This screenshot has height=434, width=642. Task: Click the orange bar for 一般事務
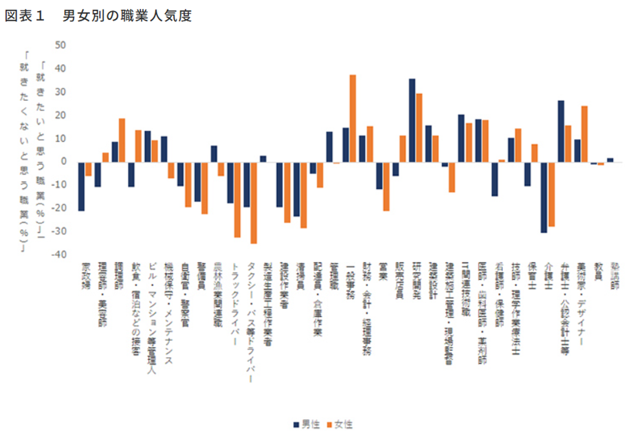(353, 118)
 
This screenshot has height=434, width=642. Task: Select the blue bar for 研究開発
(412, 120)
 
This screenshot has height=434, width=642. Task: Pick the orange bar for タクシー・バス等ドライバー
(254, 202)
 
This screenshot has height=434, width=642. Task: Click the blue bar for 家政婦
(81, 186)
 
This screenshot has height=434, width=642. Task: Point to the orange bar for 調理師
(122, 140)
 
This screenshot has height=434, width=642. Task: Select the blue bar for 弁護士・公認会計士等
(560, 131)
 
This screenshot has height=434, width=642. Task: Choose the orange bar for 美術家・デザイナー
(584, 134)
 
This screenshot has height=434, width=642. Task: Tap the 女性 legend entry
(339, 424)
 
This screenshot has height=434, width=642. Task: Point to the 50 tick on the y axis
(61, 45)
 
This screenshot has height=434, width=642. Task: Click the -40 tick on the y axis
(59, 255)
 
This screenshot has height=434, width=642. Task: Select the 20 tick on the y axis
(61, 115)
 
